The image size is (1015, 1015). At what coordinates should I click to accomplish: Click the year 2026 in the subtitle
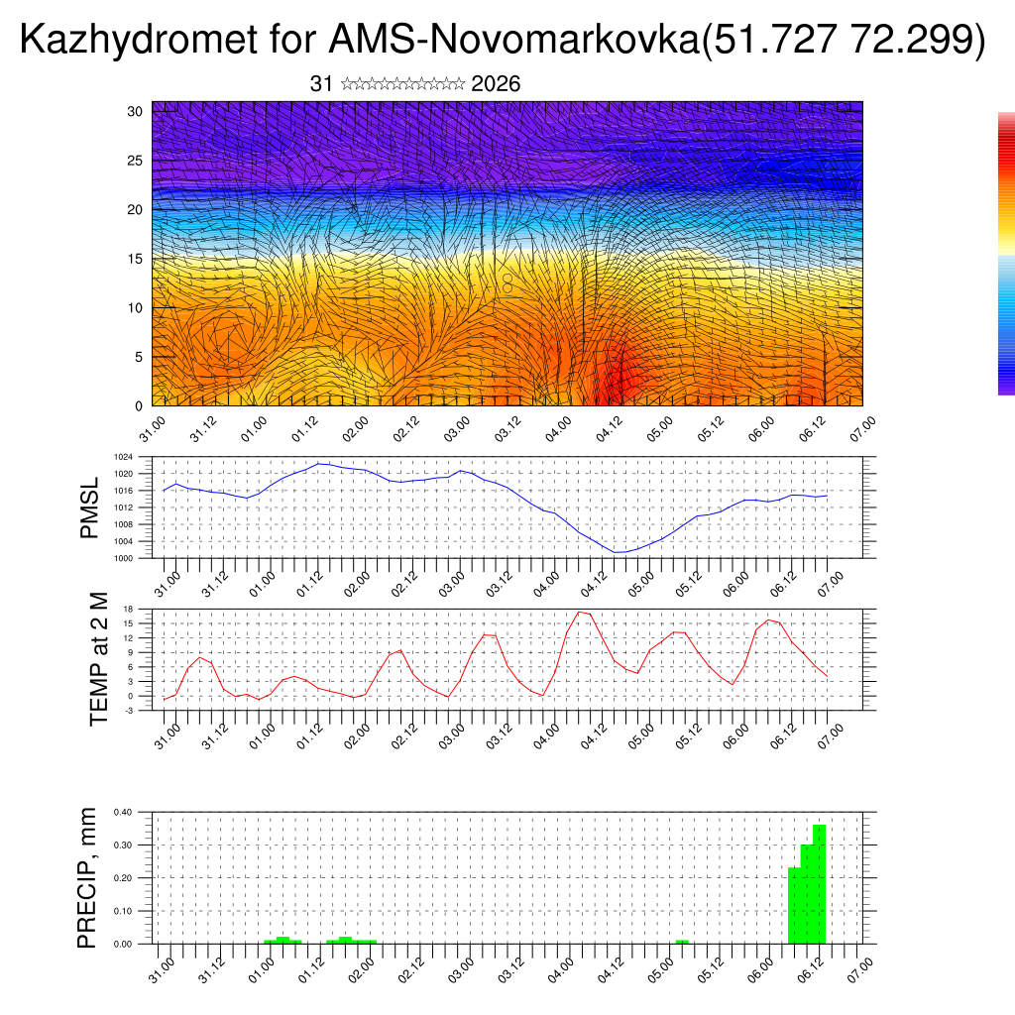[x=496, y=84]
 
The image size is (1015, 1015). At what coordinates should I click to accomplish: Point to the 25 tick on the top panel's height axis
[x=136, y=161]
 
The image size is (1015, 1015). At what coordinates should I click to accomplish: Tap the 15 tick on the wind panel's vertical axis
[x=136, y=259]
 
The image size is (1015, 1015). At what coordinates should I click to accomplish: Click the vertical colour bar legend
[x=1006, y=254]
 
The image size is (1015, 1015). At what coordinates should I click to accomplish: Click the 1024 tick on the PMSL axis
[x=124, y=458]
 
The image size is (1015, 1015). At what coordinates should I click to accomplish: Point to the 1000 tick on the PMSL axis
[x=124, y=558]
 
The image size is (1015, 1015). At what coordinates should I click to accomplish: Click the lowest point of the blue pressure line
[x=617, y=552]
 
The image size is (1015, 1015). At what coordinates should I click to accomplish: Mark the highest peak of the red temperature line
[x=580, y=612]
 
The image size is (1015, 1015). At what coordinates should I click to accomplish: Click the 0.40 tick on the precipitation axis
[x=123, y=812]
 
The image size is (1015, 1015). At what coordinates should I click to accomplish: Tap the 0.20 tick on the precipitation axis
[x=123, y=878]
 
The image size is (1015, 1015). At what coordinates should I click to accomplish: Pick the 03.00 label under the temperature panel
[x=456, y=734]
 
